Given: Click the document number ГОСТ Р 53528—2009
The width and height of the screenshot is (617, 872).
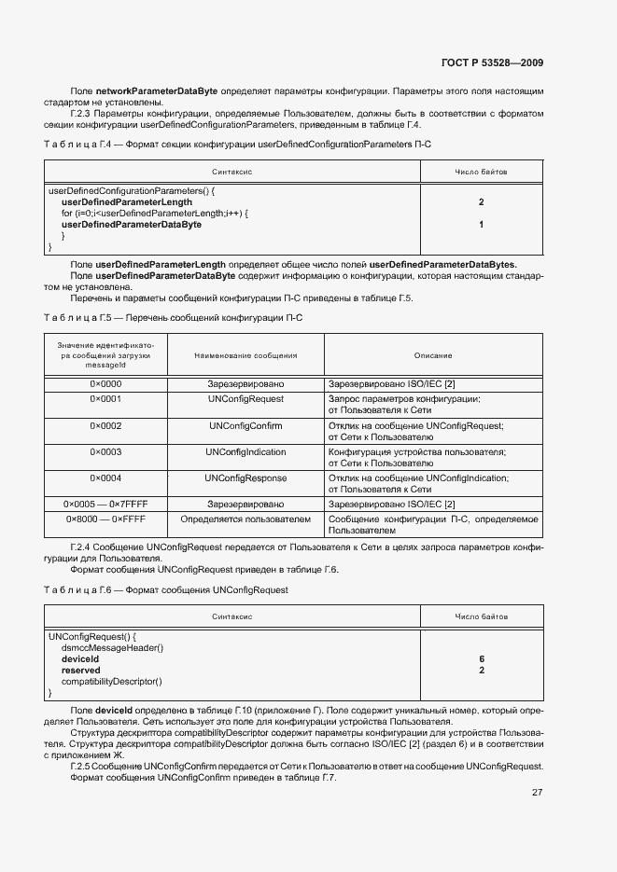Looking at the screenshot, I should pyautogui.click(x=492, y=62).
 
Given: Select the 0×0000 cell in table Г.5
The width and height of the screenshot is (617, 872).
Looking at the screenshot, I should pyautogui.click(x=105, y=384).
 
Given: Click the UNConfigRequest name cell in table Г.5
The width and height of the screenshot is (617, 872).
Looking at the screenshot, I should pyautogui.click(x=245, y=399).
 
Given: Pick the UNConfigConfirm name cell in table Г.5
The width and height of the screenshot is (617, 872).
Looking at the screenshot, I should pyautogui.click(x=245, y=425).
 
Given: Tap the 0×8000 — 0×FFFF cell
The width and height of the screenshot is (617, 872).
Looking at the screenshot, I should pyautogui.click(x=105, y=518).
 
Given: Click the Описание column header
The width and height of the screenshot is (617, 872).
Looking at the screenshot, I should pyautogui.click(x=433, y=355).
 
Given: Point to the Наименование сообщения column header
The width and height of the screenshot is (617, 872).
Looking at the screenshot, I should pyautogui.click(x=245, y=355).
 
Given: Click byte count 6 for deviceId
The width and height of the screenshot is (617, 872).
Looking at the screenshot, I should pyautogui.click(x=482, y=658).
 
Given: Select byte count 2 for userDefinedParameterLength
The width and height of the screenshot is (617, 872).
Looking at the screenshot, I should pyautogui.click(x=481, y=201).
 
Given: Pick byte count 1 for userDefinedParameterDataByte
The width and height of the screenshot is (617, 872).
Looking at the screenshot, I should pyautogui.click(x=481, y=225).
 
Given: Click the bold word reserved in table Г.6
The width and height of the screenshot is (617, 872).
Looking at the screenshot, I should pyautogui.click(x=80, y=671).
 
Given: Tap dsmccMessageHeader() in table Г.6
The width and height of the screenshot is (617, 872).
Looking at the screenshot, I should pyautogui.click(x=112, y=647).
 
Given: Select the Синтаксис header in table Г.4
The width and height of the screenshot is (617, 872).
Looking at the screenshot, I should pyautogui.click(x=232, y=172).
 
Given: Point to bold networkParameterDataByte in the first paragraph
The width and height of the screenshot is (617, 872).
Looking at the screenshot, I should pyautogui.click(x=156, y=90).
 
